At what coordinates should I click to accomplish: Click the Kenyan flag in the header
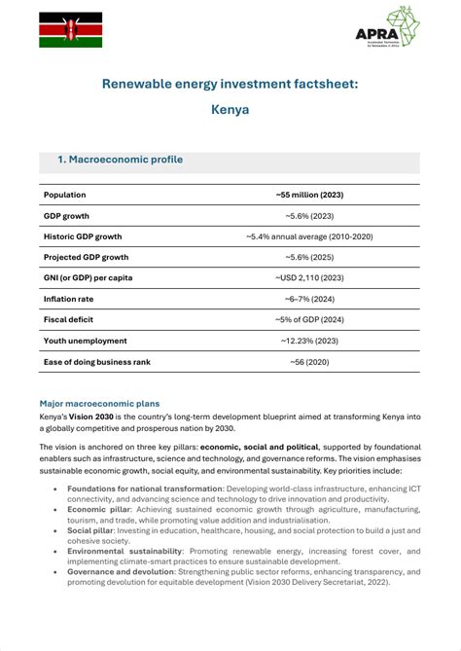70,30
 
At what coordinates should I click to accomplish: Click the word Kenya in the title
230,110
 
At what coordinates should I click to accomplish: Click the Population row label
65,195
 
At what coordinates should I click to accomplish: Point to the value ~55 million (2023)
309,195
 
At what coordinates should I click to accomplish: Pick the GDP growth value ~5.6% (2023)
309,215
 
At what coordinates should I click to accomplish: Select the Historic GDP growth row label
83,236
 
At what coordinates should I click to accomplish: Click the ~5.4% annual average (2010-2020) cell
309,236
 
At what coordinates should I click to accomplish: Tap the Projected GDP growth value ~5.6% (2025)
309,257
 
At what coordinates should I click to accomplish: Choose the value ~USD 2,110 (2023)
309,278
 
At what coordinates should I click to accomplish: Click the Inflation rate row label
68,299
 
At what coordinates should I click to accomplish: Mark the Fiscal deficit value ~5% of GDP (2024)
309,320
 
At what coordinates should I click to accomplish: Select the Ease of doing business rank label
97,362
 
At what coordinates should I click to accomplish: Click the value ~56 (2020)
309,362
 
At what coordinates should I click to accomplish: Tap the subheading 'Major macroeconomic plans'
99,403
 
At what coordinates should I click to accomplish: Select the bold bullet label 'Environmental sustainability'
129,551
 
